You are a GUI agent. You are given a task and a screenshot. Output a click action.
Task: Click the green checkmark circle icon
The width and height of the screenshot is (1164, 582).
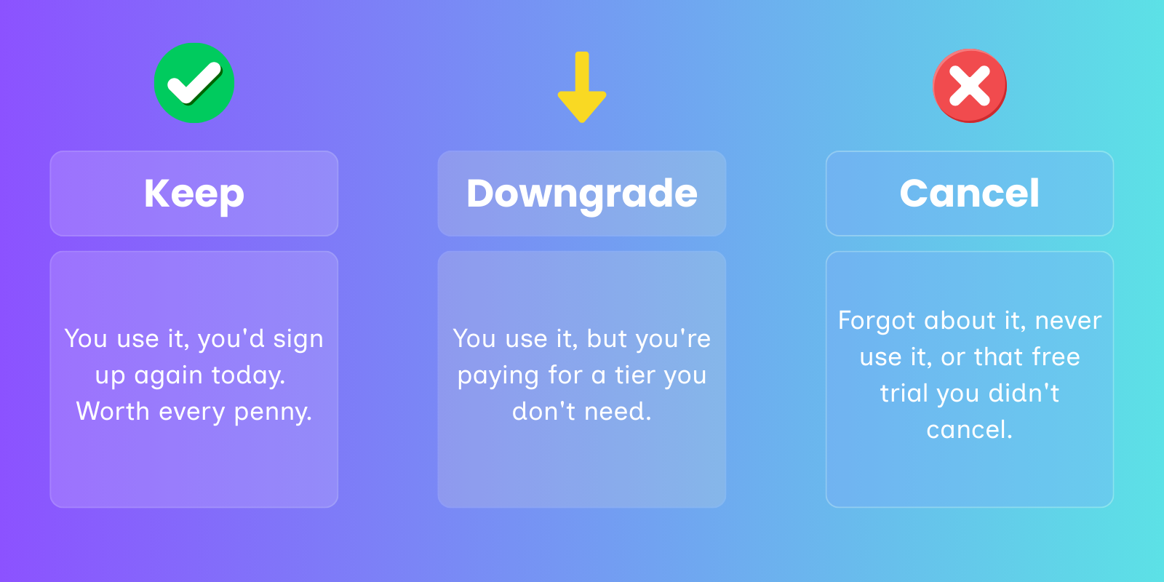coord(194,83)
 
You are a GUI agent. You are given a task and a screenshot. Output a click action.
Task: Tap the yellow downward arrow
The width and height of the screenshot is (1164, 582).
coord(582,87)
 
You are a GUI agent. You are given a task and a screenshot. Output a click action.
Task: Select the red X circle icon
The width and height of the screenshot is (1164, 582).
coord(970,86)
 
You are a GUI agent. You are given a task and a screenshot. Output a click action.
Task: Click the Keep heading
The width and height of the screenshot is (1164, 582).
coord(194,194)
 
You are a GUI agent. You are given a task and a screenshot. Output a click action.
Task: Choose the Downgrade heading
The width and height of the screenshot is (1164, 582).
coord(582,194)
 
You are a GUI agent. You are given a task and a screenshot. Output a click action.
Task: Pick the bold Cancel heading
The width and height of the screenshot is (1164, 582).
coord(970,194)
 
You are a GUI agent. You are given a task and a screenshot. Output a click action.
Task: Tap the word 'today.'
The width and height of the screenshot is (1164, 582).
coord(249,375)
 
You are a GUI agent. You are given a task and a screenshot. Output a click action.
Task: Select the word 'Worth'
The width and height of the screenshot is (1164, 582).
coord(113,411)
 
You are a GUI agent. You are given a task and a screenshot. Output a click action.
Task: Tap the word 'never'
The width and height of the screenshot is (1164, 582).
coord(1068,322)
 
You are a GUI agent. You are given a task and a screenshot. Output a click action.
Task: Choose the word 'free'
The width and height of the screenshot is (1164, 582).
coord(1056,356)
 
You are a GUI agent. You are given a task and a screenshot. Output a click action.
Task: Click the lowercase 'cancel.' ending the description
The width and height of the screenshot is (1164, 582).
coord(970,429)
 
